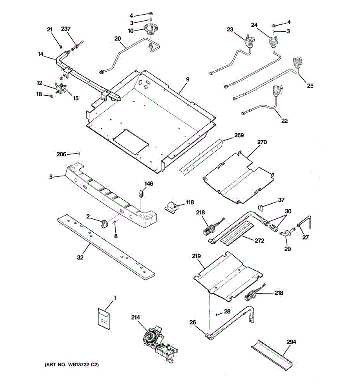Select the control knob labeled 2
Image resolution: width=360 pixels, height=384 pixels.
(x=104, y=224)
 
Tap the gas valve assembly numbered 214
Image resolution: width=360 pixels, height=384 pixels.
(x=157, y=342)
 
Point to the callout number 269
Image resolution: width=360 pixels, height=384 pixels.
(x=239, y=135)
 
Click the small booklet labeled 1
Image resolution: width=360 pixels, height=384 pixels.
(x=104, y=318)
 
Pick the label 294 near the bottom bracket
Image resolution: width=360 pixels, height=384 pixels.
(x=291, y=342)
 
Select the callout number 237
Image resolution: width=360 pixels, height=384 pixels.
(x=66, y=29)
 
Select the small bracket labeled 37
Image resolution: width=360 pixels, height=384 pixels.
(x=261, y=207)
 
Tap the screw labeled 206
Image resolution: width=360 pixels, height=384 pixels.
(x=79, y=154)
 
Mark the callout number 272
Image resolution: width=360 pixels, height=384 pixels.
(x=260, y=240)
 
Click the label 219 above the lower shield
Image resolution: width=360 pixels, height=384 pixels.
(x=196, y=256)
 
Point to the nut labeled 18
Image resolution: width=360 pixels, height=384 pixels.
(x=51, y=95)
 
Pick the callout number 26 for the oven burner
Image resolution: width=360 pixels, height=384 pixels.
(x=192, y=322)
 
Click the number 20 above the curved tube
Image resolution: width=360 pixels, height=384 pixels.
(x=117, y=39)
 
